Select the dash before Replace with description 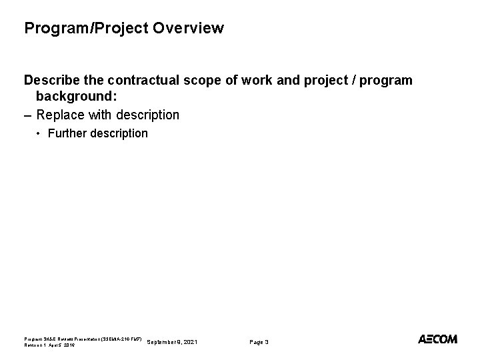28,115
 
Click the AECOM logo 437,339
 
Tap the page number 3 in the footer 267,342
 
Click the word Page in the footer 256,342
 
